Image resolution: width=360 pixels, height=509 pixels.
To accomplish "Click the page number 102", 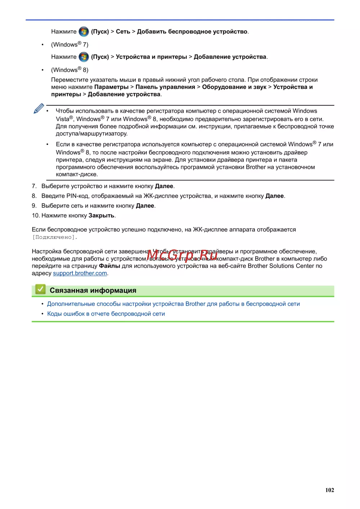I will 329,490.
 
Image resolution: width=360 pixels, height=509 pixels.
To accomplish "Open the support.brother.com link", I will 80,273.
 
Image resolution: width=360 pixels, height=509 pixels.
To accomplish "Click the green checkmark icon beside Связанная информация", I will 40,289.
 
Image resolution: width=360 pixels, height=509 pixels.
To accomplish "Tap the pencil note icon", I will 39,109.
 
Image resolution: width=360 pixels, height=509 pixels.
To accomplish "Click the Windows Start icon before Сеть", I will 84,32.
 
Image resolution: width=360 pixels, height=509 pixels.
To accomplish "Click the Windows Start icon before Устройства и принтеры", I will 84,57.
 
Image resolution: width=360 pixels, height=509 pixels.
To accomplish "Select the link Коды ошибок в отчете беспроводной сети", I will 106,314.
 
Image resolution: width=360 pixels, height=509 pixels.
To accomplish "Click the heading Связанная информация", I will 93,290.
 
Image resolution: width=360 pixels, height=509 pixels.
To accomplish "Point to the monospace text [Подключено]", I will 55,237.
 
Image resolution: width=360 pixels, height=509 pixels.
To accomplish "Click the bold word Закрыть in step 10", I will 102,216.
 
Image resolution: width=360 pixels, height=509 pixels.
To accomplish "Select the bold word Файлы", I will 109,266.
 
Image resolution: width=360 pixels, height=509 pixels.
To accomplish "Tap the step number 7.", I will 34,186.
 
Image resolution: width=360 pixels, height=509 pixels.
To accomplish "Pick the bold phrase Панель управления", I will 165,87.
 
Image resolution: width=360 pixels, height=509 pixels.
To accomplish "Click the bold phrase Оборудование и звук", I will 234,87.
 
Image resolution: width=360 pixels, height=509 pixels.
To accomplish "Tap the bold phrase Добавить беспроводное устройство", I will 192,32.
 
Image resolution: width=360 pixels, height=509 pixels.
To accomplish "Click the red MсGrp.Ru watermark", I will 182,255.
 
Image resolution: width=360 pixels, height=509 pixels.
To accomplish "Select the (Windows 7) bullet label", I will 69,45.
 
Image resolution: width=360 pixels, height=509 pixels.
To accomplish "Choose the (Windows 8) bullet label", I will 69,70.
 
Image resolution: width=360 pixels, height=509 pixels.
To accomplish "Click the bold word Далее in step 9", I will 145,206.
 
